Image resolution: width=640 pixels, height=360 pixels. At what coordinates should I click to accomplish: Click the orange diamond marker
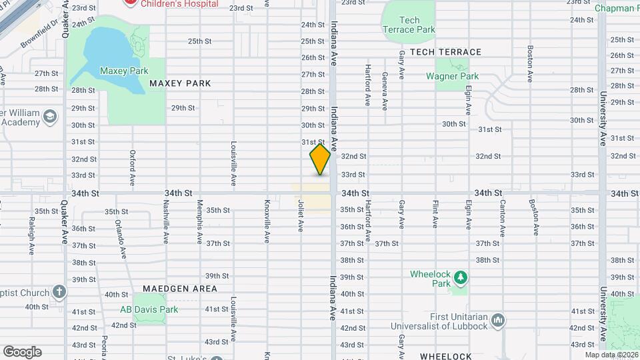(x=321, y=160)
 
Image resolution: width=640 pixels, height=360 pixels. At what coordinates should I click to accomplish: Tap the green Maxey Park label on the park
(x=123, y=70)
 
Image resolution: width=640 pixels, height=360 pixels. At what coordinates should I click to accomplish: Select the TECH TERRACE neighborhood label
(x=445, y=52)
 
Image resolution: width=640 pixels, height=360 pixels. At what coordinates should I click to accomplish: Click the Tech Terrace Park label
(x=409, y=25)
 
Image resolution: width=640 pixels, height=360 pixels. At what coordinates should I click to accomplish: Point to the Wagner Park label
(x=453, y=76)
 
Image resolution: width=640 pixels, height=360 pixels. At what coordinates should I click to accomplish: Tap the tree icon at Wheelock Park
(x=459, y=277)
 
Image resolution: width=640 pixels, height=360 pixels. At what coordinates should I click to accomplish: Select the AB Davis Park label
(x=149, y=309)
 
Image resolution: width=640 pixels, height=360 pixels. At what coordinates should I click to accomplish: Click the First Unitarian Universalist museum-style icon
(x=497, y=322)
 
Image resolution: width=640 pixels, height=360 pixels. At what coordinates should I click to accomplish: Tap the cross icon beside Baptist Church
(x=59, y=292)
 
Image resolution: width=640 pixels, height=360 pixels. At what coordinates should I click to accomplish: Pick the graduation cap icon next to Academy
(x=49, y=118)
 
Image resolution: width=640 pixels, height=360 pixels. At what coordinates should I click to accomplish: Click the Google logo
(x=22, y=351)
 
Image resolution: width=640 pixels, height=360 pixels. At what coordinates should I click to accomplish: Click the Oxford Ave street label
(x=133, y=167)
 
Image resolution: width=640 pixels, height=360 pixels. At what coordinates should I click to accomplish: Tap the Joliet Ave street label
(x=301, y=216)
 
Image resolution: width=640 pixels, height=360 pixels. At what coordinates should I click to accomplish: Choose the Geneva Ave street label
(x=385, y=91)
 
